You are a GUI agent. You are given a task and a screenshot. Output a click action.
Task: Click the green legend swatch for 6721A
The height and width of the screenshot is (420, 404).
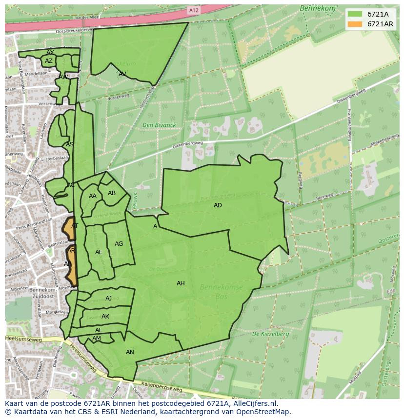tap(355, 14)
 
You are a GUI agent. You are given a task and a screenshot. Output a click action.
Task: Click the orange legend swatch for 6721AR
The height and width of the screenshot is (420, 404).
tap(355, 24)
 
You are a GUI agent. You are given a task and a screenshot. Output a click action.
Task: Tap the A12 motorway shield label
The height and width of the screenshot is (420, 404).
tap(194, 10)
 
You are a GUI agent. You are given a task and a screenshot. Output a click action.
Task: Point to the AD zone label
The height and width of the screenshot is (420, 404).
tap(218, 205)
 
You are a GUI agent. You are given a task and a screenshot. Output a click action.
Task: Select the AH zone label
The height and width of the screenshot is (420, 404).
tap(181, 283)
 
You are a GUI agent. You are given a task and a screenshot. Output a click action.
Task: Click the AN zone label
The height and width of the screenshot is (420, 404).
tap(130, 352)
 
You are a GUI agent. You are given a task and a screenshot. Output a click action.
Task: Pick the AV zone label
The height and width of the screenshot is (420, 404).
tap(122, 74)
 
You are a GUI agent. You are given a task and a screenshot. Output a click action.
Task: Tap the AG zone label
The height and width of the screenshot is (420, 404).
tap(119, 244)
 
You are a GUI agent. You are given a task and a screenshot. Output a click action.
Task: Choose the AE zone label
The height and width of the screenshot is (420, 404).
tap(99, 252)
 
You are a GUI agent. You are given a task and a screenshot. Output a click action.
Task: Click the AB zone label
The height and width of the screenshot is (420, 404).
tap(112, 193)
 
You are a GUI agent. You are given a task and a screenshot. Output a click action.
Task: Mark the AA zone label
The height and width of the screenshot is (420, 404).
tap(93, 196)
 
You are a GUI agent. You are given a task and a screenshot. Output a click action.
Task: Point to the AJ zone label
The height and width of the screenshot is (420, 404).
tap(108, 299)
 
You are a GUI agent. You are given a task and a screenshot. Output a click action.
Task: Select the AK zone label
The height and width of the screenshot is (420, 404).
tap(105, 317)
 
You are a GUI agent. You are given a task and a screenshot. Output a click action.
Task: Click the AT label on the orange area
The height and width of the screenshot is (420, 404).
tap(75, 226)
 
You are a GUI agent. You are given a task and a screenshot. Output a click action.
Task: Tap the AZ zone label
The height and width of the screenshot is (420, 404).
tap(48, 61)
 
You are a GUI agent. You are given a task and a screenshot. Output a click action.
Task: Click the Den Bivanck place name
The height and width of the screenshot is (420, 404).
tap(159, 125)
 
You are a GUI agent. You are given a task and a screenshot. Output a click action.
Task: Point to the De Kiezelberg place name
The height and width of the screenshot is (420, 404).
tap(270, 334)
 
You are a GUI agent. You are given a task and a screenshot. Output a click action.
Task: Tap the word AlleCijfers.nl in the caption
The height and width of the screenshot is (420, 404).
tap(253, 403)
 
